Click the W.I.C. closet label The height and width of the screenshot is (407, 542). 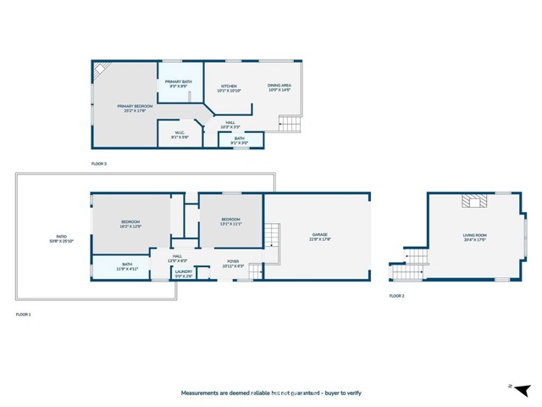click(x=180, y=134)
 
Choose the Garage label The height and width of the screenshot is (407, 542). click(x=319, y=237)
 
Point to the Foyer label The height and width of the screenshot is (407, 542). click(x=233, y=263)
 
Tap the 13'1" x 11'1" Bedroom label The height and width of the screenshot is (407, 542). click(x=230, y=222)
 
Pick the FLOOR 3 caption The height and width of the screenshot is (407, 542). click(x=99, y=163)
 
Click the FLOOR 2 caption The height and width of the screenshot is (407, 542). click(x=396, y=296)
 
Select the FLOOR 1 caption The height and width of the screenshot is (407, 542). click(x=23, y=315)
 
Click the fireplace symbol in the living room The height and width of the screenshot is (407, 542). click(x=473, y=201)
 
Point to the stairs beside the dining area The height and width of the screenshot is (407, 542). click(x=290, y=125)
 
